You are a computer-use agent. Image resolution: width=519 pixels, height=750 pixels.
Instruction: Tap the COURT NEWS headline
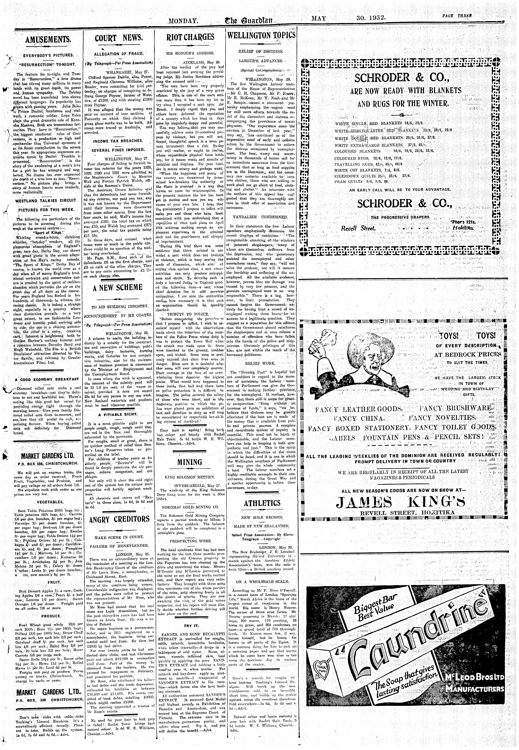point(119,38)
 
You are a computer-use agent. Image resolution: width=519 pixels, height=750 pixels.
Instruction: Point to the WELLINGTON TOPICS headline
point(262,35)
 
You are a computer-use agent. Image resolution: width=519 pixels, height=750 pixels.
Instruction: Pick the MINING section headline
point(190,462)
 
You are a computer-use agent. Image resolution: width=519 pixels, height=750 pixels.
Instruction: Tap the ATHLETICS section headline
point(262,503)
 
